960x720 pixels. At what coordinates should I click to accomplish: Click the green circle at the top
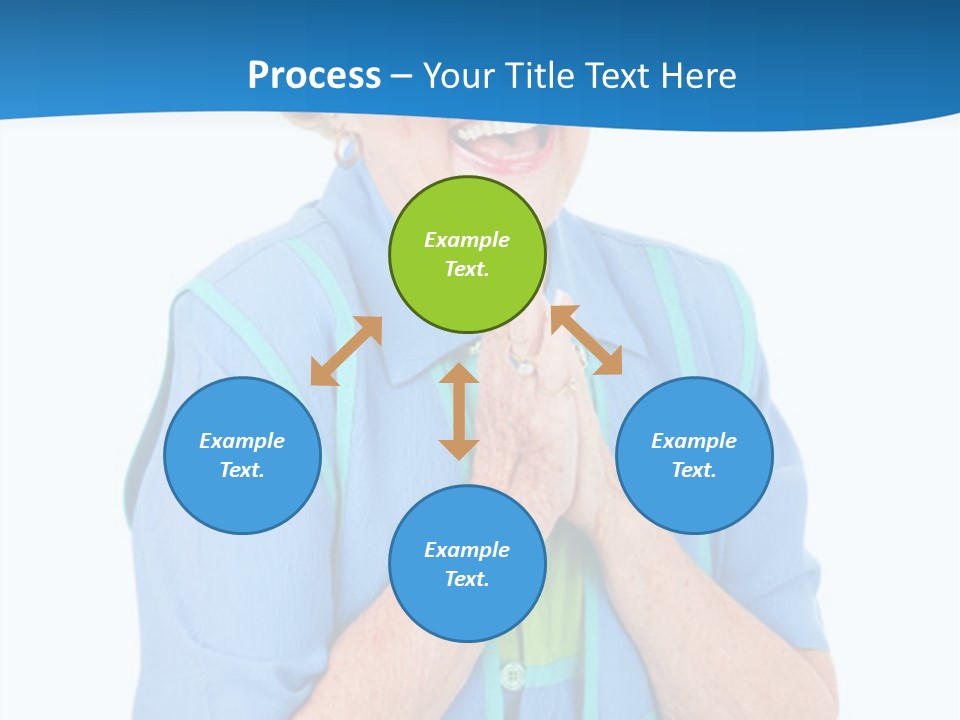(467, 254)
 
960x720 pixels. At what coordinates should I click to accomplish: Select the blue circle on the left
(242, 455)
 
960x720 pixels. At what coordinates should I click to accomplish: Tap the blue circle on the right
(694, 455)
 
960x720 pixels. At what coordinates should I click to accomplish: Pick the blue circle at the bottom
(467, 564)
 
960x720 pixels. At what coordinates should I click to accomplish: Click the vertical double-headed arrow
(459, 411)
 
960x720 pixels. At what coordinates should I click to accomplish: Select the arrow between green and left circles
(346, 351)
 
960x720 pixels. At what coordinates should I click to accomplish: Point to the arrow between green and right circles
(586, 340)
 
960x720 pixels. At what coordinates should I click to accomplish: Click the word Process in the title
(314, 75)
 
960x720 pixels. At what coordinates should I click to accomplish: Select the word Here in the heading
(698, 75)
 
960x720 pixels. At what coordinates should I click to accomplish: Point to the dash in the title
(402, 76)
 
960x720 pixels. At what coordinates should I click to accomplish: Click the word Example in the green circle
(467, 240)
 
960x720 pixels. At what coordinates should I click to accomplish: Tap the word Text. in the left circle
(242, 470)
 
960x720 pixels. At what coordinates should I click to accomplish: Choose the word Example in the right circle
(694, 441)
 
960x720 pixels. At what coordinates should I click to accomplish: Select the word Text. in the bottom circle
(467, 579)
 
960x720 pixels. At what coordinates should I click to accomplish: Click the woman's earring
(347, 148)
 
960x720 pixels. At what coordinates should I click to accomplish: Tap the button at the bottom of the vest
(513, 676)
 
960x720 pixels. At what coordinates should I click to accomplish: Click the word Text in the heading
(616, 75)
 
